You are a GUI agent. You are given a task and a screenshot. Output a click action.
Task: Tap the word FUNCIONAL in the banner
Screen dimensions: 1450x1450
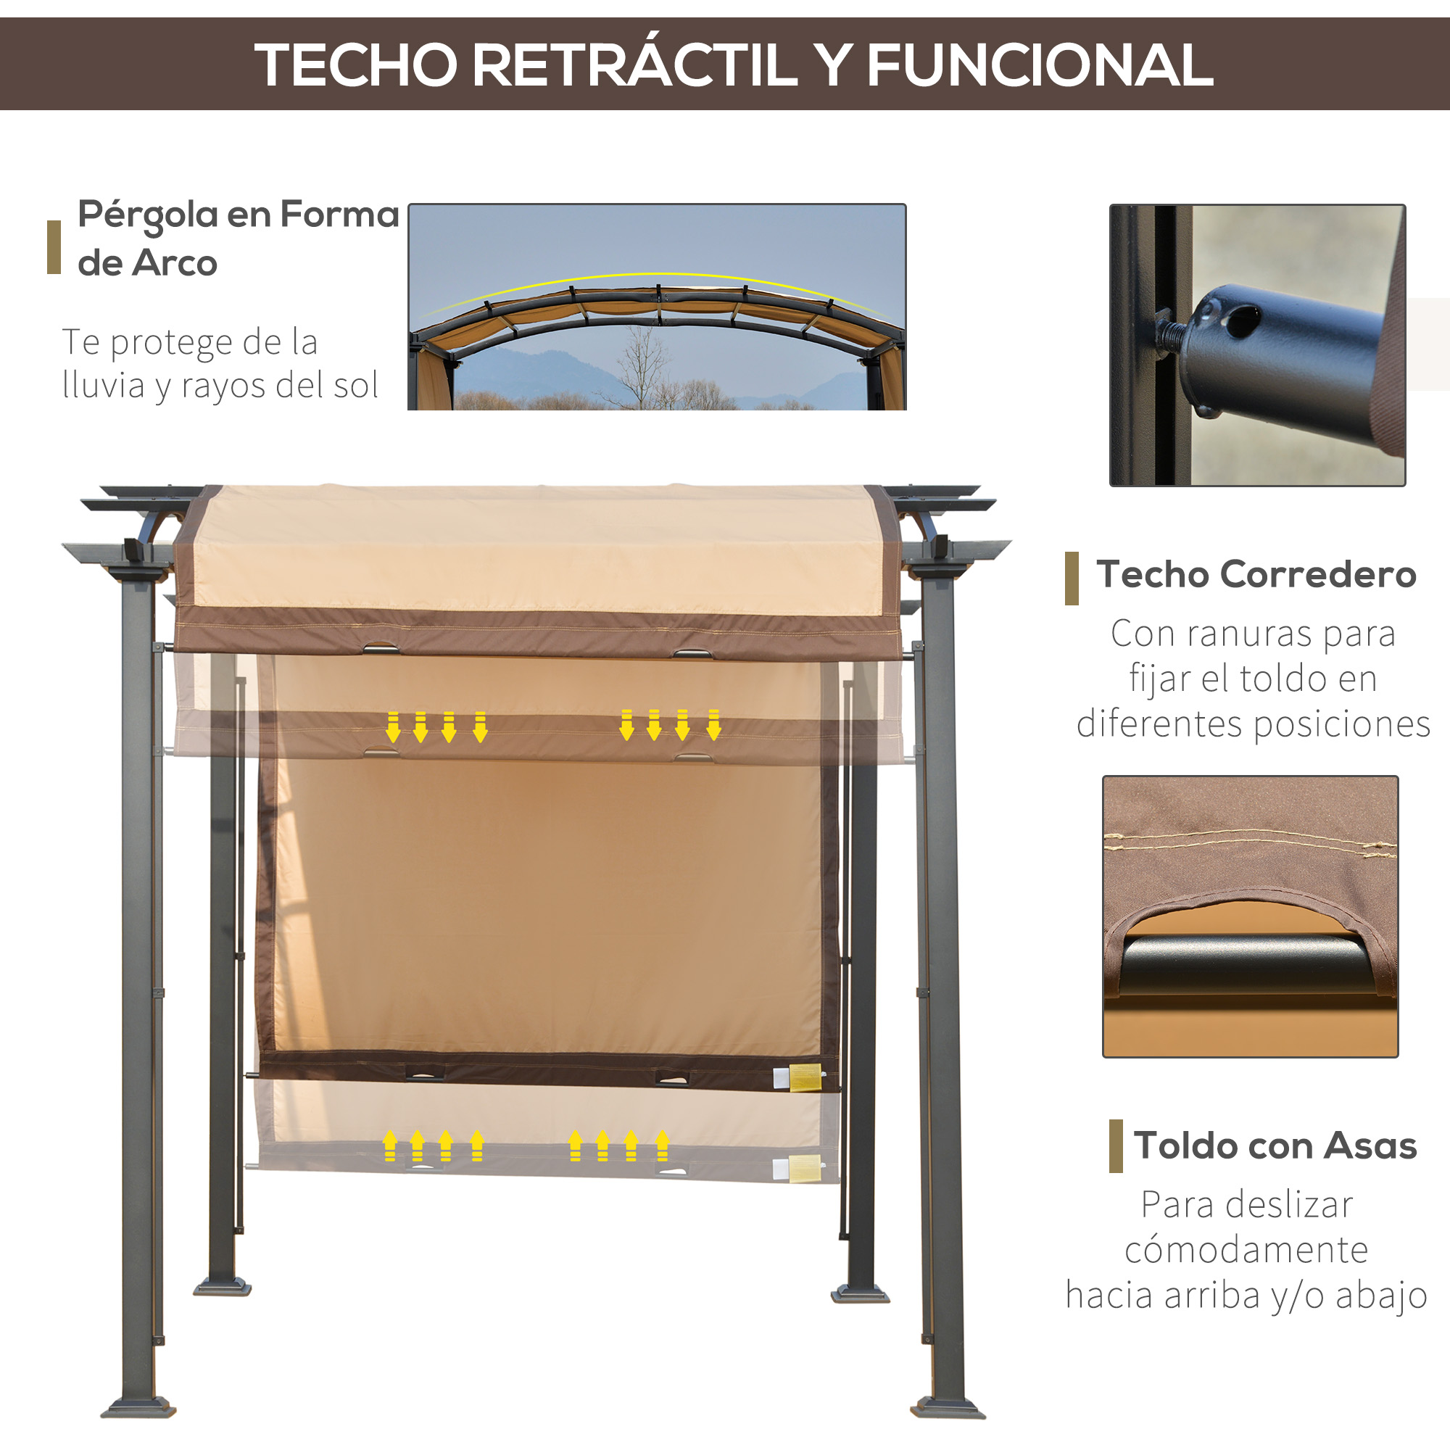1040,65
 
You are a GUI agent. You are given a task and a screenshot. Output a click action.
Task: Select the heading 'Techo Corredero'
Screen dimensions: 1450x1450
1256,574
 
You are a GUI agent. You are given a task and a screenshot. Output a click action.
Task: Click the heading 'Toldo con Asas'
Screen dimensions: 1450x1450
1275,1145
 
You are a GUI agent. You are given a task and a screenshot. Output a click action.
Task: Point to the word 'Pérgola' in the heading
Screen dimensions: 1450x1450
148,215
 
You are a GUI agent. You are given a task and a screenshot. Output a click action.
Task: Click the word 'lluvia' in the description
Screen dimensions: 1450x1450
104,385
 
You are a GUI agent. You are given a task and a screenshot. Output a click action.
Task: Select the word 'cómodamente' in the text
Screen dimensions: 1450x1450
1246,1250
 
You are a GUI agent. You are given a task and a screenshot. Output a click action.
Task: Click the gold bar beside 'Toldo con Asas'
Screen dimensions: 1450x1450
1116,1145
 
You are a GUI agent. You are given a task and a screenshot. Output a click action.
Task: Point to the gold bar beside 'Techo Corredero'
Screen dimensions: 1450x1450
1072,578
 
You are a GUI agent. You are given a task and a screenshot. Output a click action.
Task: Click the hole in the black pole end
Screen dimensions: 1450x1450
1241,320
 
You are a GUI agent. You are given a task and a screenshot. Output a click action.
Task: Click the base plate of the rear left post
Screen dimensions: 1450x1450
222,1286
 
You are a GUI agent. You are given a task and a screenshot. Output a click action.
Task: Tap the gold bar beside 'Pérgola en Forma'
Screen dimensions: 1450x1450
54,247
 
